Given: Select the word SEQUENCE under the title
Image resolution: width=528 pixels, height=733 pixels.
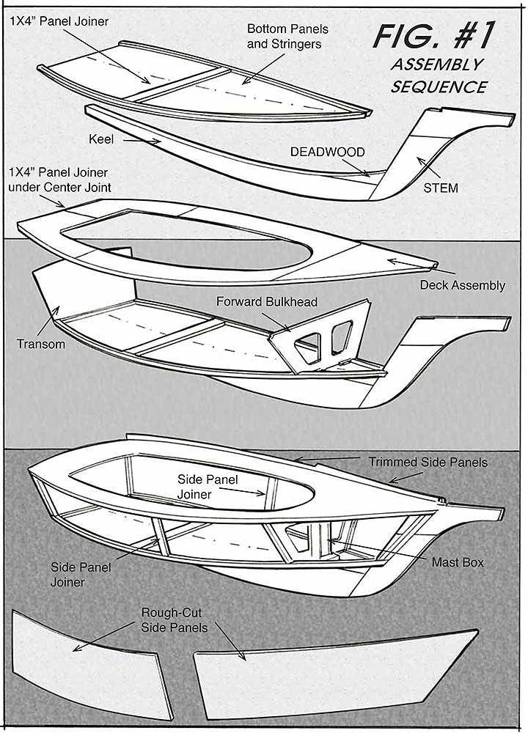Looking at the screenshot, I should [x=439, y=86].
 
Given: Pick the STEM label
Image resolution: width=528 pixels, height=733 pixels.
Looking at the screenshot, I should [x=441, y=188].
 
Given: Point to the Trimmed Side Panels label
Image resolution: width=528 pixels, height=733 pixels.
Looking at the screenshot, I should [x=428, y=463].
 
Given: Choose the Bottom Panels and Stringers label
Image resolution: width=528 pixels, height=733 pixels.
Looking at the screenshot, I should [x=287, y=36].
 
